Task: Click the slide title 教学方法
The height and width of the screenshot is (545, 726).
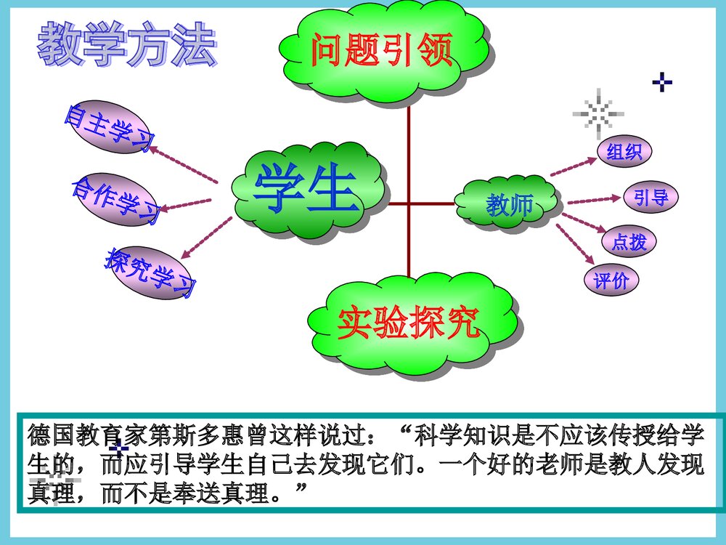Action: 127,44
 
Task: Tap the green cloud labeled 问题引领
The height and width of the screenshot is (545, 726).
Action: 383,51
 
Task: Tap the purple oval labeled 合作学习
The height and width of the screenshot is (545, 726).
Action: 115,198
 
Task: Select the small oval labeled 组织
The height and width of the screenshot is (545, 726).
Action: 624,152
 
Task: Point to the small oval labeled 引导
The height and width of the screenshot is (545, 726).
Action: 650,197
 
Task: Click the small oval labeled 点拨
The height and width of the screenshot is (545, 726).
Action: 629,241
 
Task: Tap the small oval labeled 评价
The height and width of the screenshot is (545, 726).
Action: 611,280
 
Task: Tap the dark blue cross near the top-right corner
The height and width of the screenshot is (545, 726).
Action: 661,82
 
